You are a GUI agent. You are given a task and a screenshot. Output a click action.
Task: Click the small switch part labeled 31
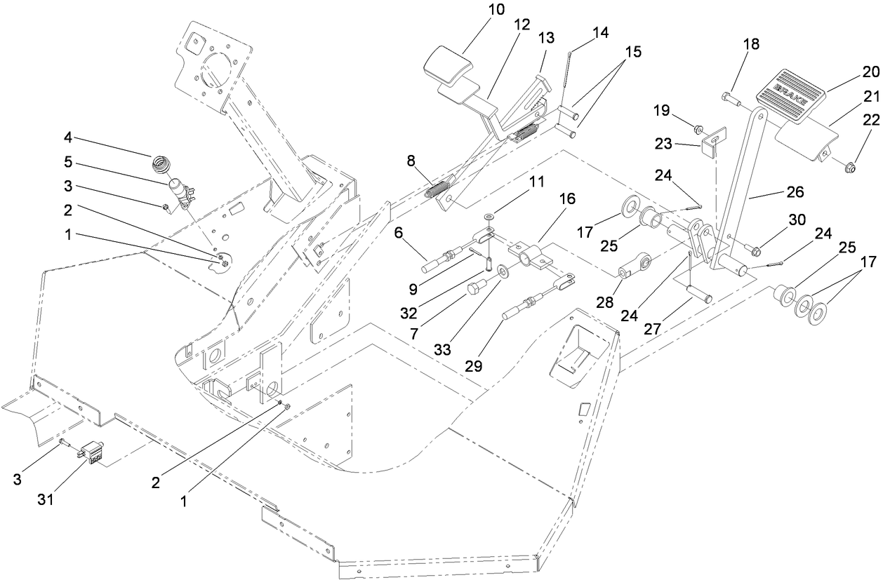click(x=90, y=450)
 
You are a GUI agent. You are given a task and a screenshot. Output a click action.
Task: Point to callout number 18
click(x=751, y=43)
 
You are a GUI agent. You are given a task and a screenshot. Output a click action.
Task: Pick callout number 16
click(x=566, y=199)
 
